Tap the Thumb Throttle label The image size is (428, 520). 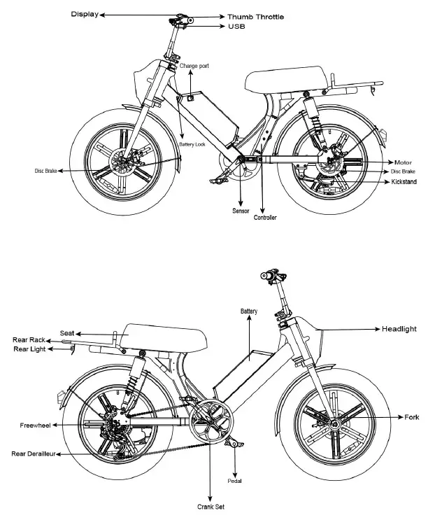coord(255,17)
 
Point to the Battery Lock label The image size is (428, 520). coord(192,144)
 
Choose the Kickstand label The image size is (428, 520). coord(405,181)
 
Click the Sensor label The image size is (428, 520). coord(241,210)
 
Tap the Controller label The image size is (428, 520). coord(264,218)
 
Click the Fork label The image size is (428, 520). coord(412,417)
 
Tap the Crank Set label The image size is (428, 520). coord(210,507)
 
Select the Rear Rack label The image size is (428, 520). coord(28,340)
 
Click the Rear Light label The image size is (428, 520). coord(28,349)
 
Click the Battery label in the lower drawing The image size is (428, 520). coord(249,311)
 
